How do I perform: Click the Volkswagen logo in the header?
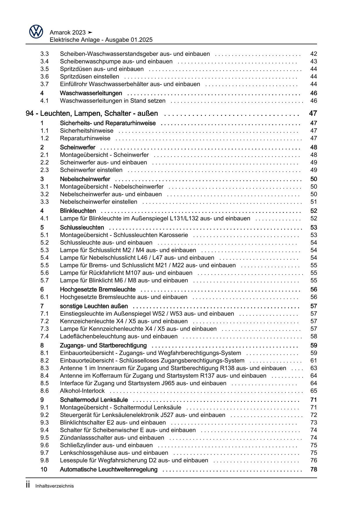pos(36,32)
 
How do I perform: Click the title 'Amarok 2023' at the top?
pos(68,32)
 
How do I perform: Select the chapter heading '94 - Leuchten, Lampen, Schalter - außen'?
pos(92,113)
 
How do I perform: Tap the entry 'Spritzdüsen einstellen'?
pos(89,77)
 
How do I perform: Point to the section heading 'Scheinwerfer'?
pos(78,148)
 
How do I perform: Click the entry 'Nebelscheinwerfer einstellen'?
pos(98,202)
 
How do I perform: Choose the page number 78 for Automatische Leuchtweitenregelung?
pos(314,470)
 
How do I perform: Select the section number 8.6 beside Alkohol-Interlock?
pos(44,391)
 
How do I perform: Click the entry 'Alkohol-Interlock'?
pos(82,391)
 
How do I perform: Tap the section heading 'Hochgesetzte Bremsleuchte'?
pos(98,289)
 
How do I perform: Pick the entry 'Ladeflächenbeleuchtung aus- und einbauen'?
pos(118,336)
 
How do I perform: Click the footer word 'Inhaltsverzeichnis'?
pos(55,486)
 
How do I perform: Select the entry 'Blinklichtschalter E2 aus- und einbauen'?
pos(113,422)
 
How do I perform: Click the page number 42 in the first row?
pos(314,54)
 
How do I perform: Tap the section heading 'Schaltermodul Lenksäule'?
pos(94,400)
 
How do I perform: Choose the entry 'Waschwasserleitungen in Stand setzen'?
pos(113,101)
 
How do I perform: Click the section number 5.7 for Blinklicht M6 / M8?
pos(44,280)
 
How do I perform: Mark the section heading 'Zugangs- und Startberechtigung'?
pos(103,346)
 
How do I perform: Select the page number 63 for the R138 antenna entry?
pos(314,368)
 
